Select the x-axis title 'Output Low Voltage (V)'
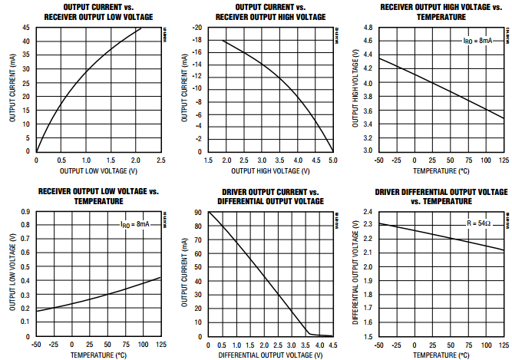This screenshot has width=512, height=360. pyautogui.click(x=98, y=170)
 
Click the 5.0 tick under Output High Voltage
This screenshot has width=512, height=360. pyautogui.click(x=332, y=160)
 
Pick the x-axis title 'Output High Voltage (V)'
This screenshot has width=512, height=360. pyautogui.click(x=270, y=170)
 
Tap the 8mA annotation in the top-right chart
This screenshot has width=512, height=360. pyautogui.click(x=484, y=40)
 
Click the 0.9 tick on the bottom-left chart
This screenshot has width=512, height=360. pyautogui.click(x=26, y=211)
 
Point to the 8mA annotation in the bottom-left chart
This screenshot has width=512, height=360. pyautogui.click(x=139, y=224)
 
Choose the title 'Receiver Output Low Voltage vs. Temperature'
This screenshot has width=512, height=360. pyautogui.click(x=97, y=196)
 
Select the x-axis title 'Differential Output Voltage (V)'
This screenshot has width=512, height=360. pyautogui.click(x=270, y=355)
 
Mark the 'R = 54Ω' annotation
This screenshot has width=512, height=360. pyautogui.click(x=483, y=223)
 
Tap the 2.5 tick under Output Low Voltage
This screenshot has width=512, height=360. pyautogui.click(x=161, y=160)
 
